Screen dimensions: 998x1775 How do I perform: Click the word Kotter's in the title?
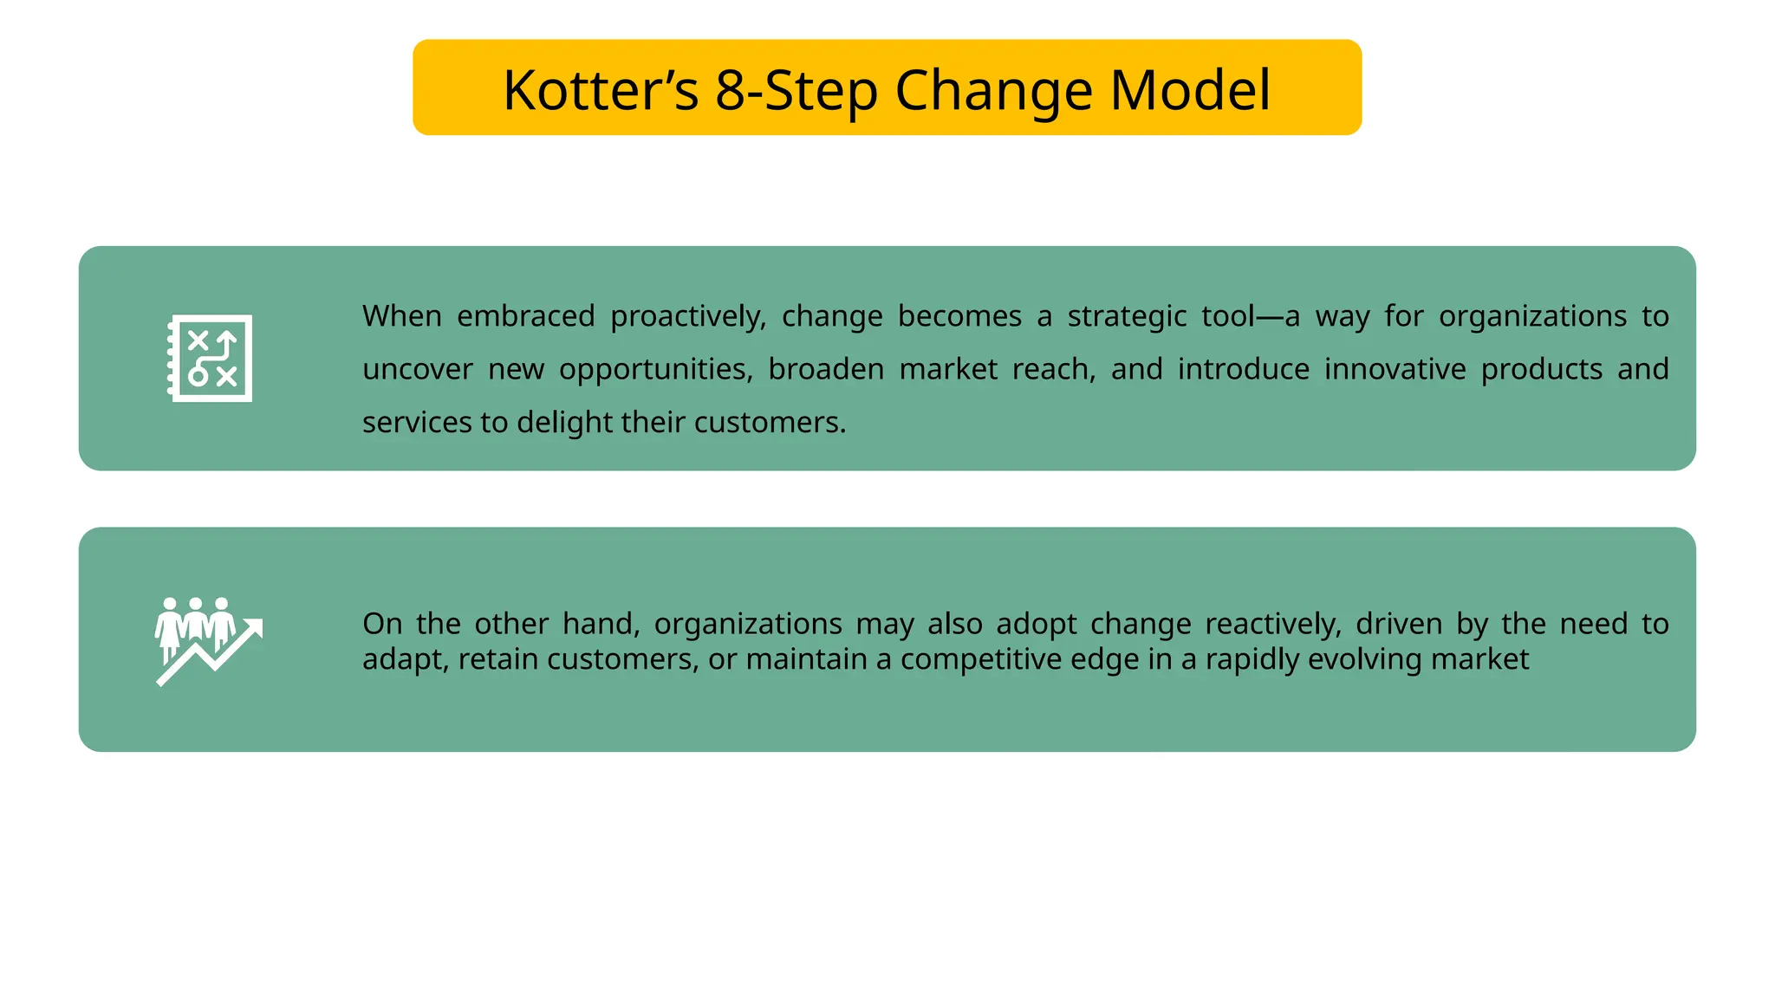point(600,90)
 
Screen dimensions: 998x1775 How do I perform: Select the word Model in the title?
point(1189,90)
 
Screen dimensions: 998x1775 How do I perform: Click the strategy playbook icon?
point(211,358)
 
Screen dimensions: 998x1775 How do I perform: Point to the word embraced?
point(525,316)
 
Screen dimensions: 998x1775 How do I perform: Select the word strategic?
point(1126,317)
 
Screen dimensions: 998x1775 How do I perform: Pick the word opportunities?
point(655,370)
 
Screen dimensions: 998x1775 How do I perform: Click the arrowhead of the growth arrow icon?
point(255,626)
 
